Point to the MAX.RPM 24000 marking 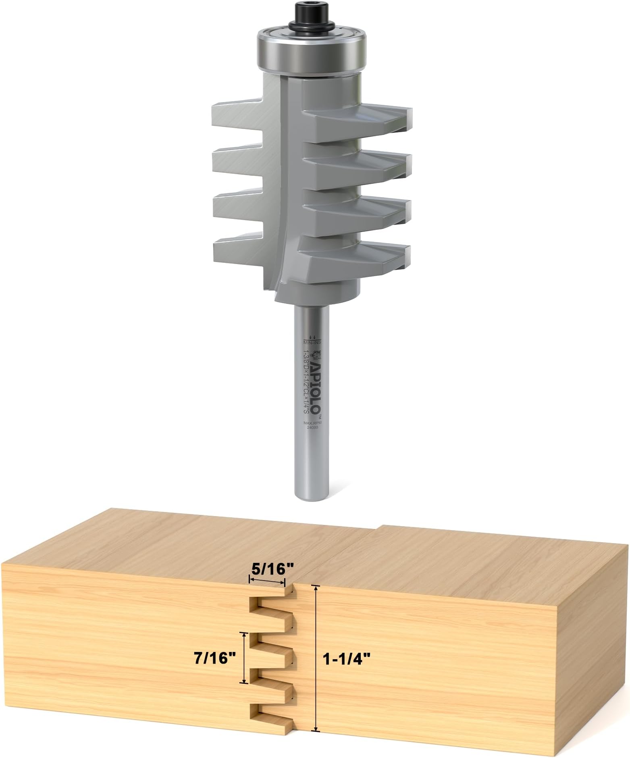(x=311, y=426)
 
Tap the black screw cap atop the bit (x=311, y=15)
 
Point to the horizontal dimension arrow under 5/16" (x=267, y=581)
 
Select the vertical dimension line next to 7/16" (x=244, y=658)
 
